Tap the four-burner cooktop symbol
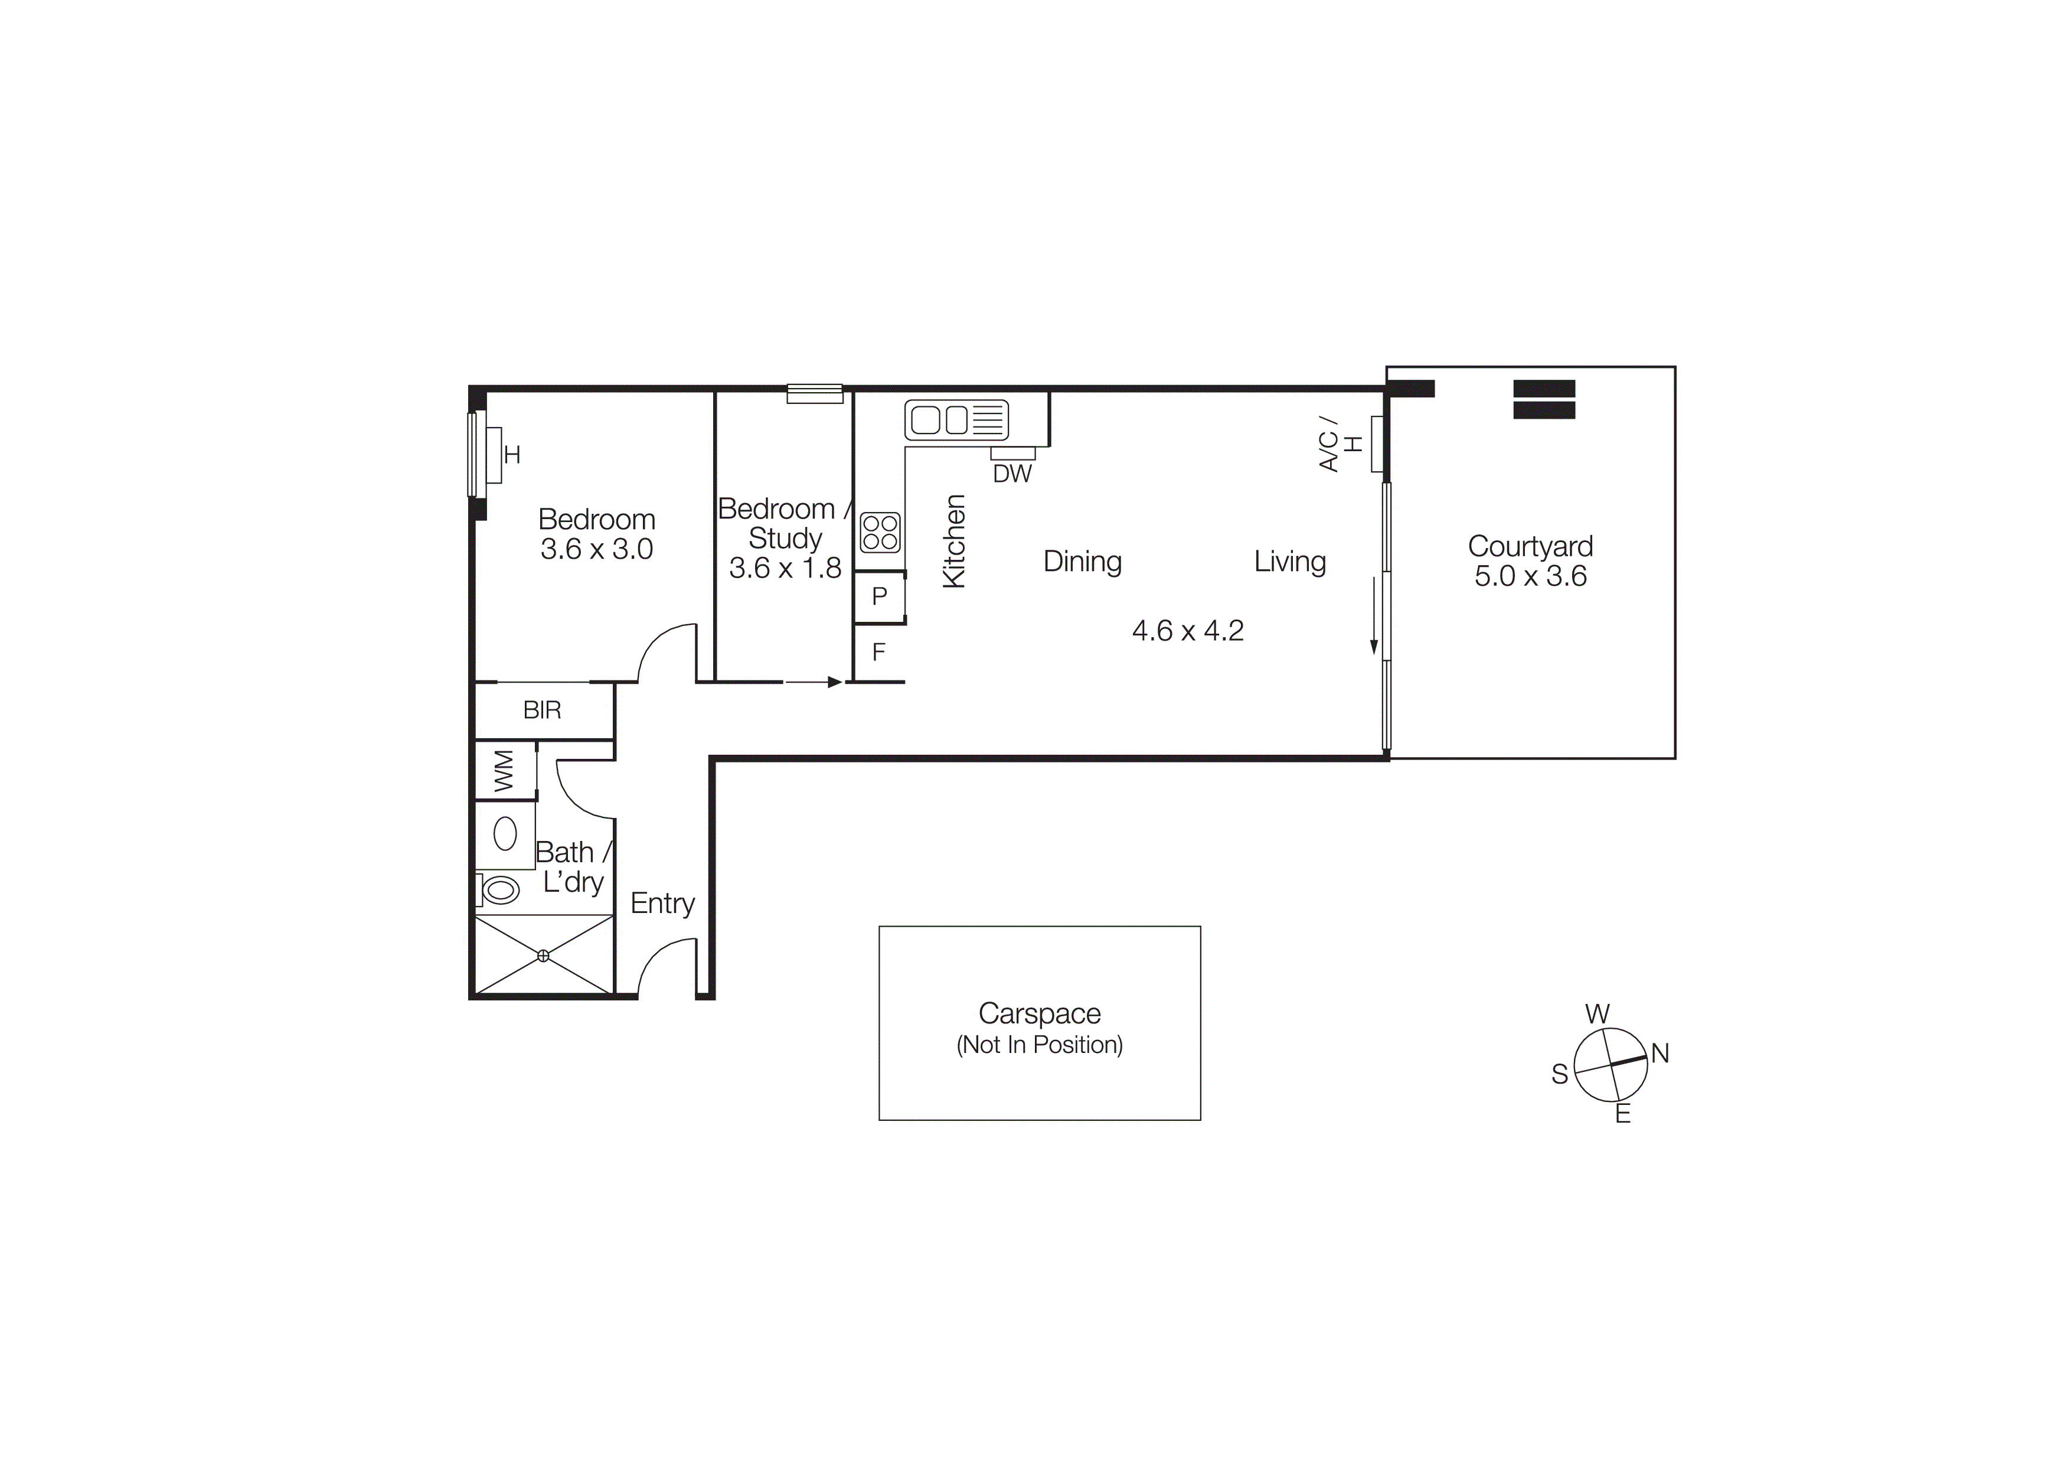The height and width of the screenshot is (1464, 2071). [880, 532]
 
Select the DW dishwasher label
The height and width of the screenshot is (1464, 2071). [1012, 474]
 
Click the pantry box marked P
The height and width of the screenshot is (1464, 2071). [880, 596]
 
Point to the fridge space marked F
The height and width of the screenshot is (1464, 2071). [878, 652]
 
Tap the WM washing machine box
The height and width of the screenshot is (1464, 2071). [504, 771]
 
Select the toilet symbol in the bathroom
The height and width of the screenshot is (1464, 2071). [499, 891]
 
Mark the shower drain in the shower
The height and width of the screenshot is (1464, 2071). [543, 956]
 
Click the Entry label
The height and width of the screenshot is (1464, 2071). [662, 904]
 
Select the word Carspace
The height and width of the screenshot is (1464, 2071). [1039, 1014]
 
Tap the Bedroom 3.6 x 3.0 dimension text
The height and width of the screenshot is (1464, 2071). [596, 549]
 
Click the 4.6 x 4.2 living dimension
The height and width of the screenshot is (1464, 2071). [1187, 631]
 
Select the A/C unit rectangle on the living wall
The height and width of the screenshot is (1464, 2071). [1377, 444]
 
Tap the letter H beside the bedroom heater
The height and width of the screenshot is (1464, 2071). [512, 455]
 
